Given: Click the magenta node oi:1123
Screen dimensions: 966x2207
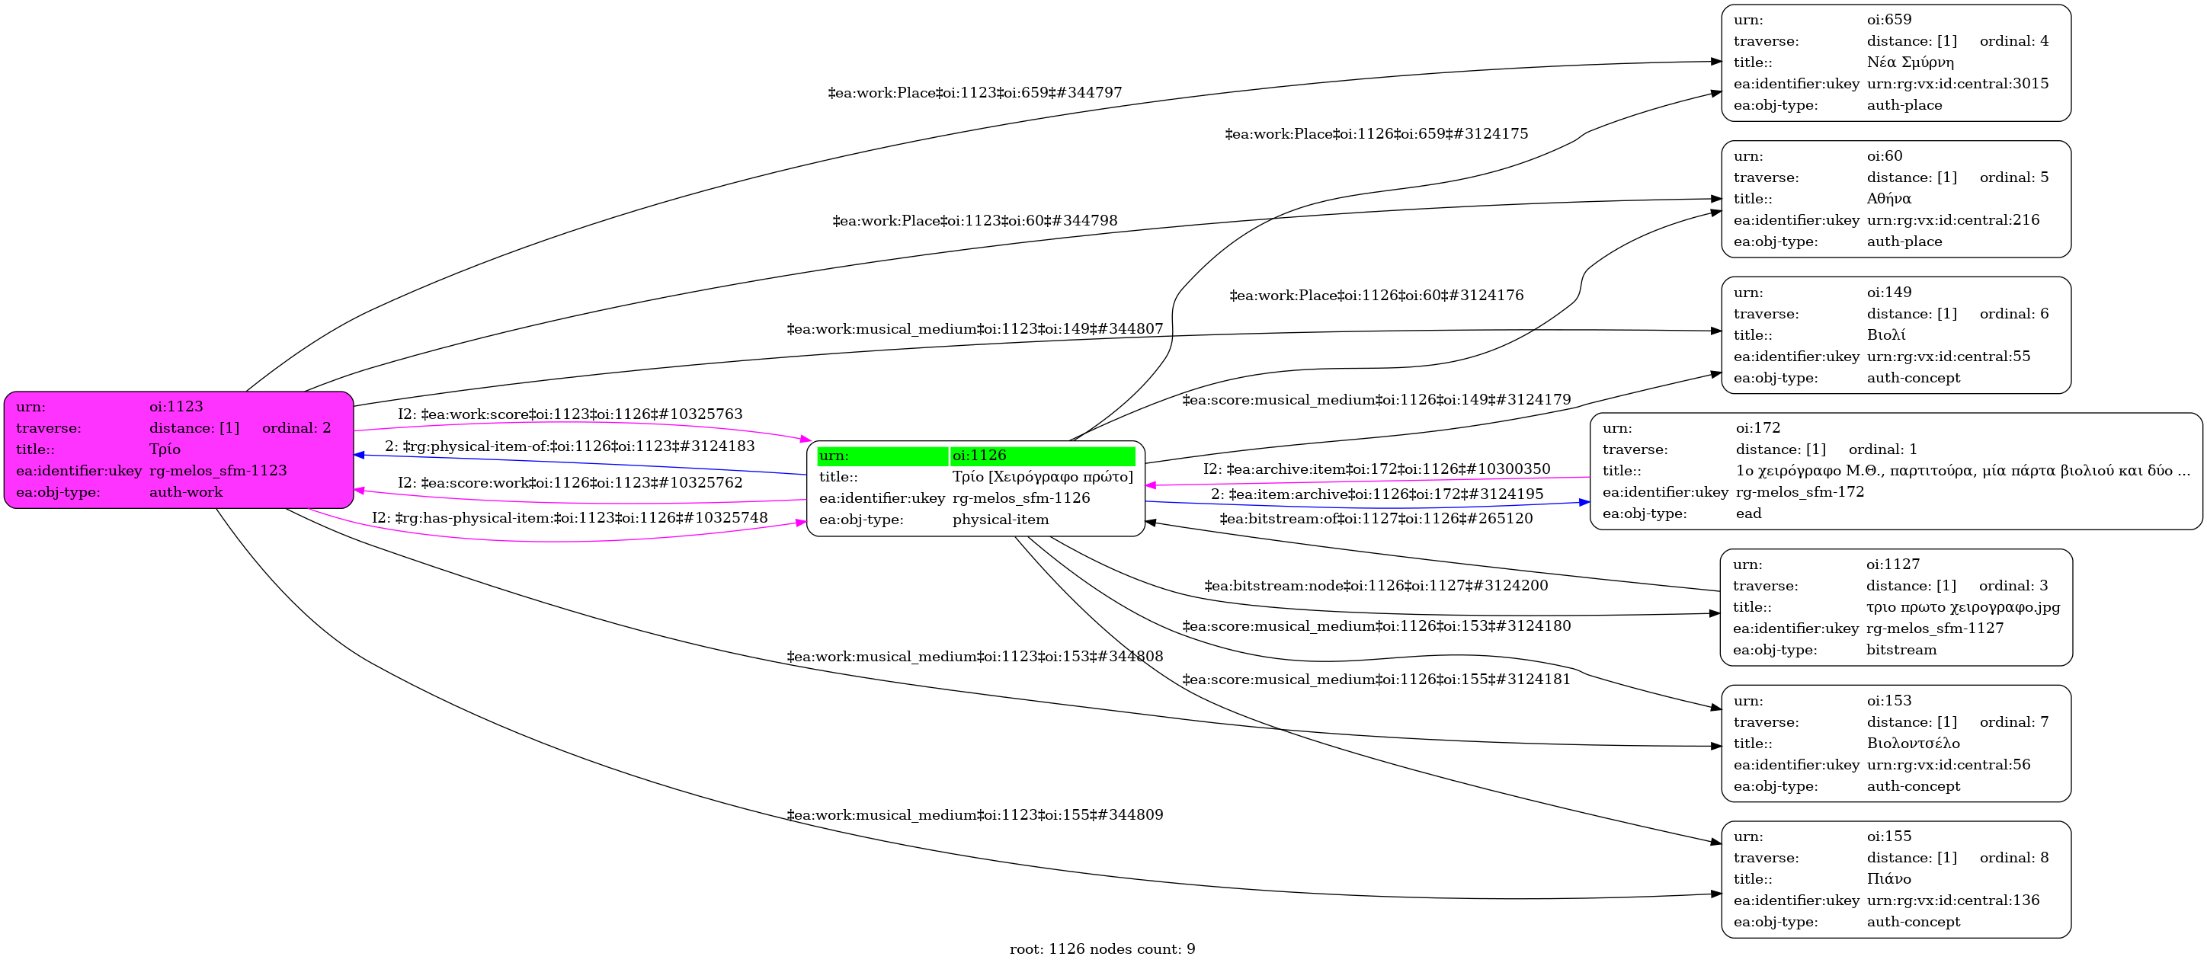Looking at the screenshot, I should pos(178,449).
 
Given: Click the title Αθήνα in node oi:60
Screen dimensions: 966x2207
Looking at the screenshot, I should pos(1888,199).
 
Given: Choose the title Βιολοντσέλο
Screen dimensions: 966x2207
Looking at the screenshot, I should pos(1913,744).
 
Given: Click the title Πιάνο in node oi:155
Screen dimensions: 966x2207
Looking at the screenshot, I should pos(1888,878).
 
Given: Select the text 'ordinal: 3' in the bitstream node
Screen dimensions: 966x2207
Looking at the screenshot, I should pos(2013,586).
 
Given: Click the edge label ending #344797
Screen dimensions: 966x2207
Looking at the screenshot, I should pos(974,92).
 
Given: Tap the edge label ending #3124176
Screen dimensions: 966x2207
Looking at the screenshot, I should pos(1376,296).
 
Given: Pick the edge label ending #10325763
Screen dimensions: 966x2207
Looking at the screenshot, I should pos(570,414).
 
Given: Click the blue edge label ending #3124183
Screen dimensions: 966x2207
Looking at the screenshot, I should pos(570,446).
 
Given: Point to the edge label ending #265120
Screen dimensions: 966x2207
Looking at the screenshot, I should pos(1376,518).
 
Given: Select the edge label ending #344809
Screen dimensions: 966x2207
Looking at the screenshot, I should pos(974,814).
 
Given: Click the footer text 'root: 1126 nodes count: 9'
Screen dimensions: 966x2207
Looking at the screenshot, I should pos(1102,949).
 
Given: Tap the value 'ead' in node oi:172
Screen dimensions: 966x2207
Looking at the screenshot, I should pos(1747,513).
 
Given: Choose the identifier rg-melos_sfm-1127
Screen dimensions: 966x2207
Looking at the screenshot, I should pos(1934,628).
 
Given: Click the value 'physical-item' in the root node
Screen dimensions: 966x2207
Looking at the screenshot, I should pos(1000,519).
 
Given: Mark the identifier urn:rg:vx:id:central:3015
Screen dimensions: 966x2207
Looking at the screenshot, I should pos(1957,84).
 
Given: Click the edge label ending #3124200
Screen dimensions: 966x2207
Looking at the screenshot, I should pos(1376,586).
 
